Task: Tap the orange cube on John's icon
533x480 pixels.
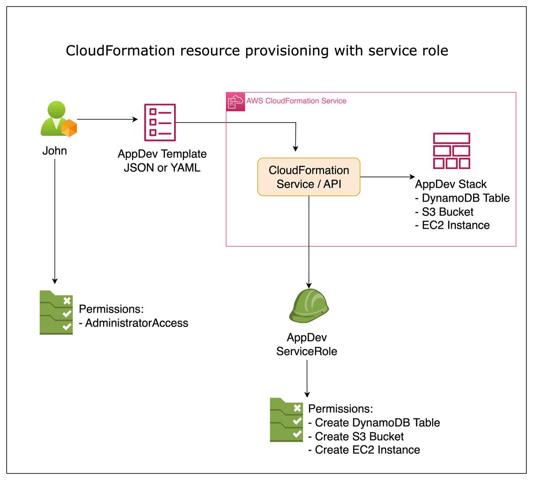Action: [x=69, y=128]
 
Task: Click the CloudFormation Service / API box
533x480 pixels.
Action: [x=309, y=177]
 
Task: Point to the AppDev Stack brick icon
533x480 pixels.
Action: [x=451, y=151]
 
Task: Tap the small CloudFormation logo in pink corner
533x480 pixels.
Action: [x=235, y=101]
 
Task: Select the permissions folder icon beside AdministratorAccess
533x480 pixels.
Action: [x=56, y=312]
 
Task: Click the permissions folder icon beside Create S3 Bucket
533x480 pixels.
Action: [x=286, y=420]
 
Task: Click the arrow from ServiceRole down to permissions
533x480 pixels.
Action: [x=307, y=378]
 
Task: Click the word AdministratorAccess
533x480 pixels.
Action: [x=136, y=323]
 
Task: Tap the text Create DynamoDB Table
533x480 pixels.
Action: [x=377, y=423]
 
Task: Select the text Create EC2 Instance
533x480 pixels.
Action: [x=367, y=450]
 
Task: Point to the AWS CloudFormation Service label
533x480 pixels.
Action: [x=296, y=101]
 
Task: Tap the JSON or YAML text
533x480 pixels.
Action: [x=162, y=167]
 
